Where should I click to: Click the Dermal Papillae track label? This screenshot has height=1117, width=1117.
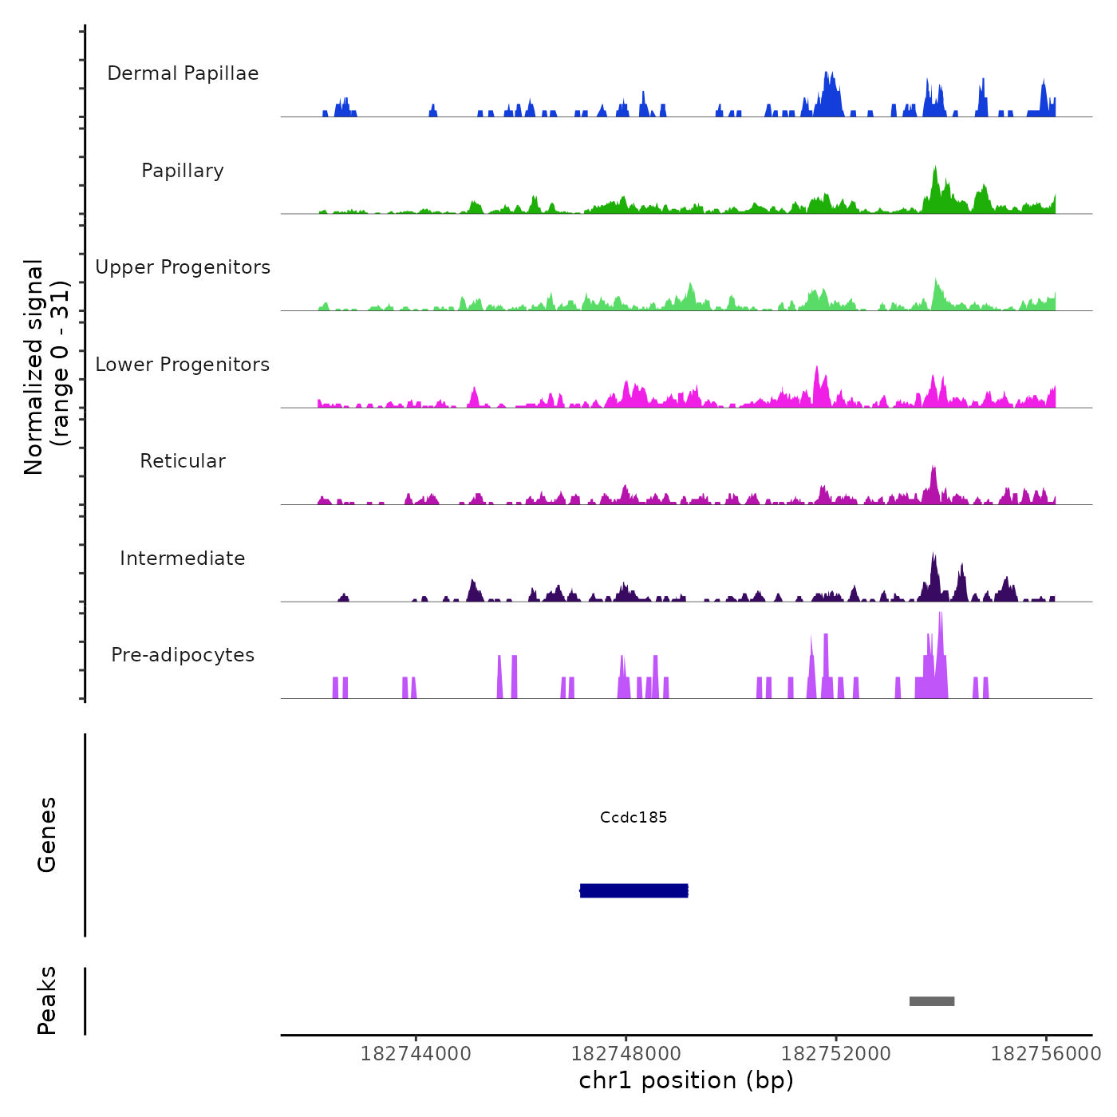[183, 73]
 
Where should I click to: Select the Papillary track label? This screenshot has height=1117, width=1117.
[183, 171]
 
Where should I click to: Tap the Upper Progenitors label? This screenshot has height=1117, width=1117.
[183, 267]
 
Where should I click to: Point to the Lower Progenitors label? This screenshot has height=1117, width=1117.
[183, 365]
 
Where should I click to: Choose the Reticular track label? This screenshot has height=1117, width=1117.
[183, 461]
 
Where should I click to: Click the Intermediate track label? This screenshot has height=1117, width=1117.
[183, 558]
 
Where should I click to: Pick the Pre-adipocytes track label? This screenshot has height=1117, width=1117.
[183, 655]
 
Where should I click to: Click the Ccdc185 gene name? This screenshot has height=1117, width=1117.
[633, 818]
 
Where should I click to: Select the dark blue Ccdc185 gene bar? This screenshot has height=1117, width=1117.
[633, 890]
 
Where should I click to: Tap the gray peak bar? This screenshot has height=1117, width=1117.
[931, 1001]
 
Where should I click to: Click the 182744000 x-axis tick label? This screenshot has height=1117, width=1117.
[416, 1054]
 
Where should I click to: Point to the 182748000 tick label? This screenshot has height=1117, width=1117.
[626, 1054]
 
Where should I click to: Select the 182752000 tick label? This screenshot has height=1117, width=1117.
[835, 1054]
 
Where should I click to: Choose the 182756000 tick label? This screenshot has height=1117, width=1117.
[1045, 1054]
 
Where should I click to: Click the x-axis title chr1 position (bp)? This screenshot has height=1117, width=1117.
[686, 1080]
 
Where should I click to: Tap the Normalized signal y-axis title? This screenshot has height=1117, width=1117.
[46, 366]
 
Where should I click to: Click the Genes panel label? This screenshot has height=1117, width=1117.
[47, 835]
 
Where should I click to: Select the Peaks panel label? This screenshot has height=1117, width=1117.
[47, 1001]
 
